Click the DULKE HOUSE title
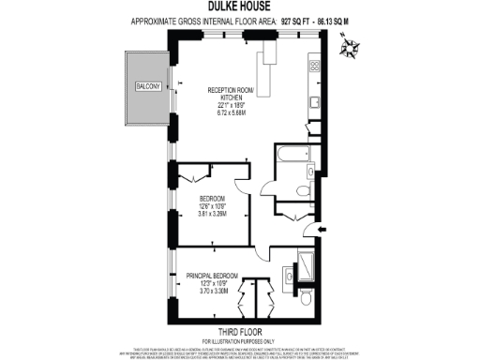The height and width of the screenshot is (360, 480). point(240,7)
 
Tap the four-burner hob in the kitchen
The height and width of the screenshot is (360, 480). point(313,67)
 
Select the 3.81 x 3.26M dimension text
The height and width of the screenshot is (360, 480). point(215,213)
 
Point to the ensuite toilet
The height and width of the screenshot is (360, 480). point(306,298)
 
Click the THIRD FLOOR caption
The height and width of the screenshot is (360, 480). point(240,331)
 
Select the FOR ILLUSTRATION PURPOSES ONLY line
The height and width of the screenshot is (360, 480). point(240,339)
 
